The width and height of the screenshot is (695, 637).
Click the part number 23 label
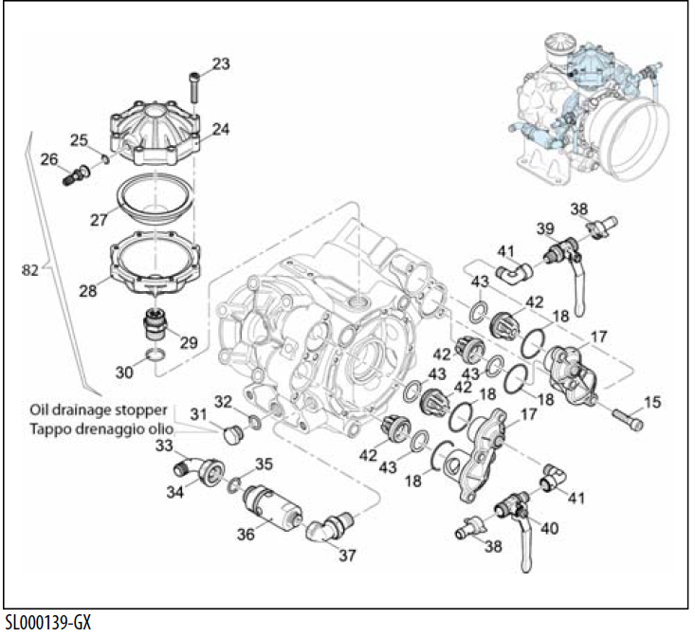tap(220, 64)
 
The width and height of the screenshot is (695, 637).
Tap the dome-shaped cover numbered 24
tap(155, 132)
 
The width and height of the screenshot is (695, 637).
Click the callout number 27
tap(97, 219)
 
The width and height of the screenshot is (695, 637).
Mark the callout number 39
tap(544, 230)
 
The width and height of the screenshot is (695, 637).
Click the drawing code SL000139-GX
tap(47, 624)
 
